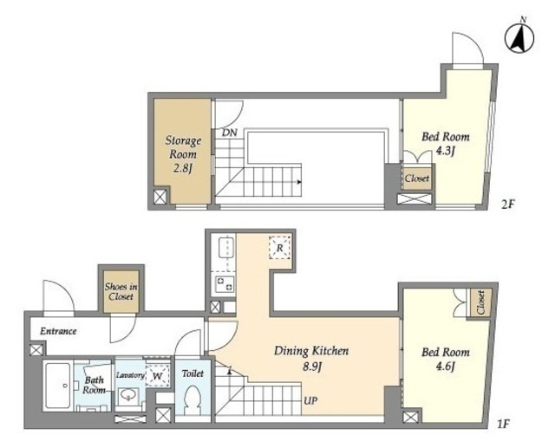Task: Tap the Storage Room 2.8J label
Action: (183, 154)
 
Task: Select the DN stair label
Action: (229, 133)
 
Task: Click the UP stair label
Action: (310, 400)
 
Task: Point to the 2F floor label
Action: (507, 204)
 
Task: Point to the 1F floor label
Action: (503, 424)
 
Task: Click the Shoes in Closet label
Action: (121, 292)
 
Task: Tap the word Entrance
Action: (58, 331)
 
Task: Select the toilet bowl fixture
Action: (193, 399)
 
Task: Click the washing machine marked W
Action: (158, 375)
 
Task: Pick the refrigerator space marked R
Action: (279, 248)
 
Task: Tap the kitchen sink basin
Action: (226, 248)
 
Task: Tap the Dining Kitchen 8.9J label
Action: (311, 358)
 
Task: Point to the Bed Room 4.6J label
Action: (446, 359)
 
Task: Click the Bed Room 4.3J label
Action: (446, 144)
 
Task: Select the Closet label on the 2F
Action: (417, 179)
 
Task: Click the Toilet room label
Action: (193, 373)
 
